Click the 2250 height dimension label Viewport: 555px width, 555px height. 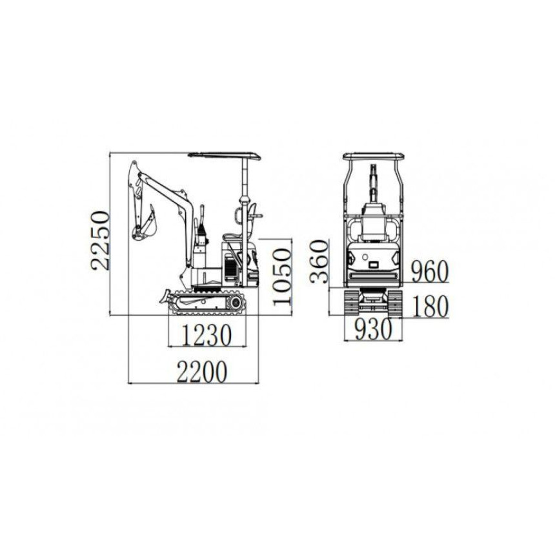click(100, 241)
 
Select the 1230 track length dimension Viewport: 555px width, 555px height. click(207, 334)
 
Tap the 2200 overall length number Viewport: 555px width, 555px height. click(201, 372)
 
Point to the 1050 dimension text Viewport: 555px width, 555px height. click(282, 276)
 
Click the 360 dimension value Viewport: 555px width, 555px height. click(319, 262)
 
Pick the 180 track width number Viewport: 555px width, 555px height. click(430, 307)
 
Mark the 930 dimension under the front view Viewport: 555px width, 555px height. click(374, 329)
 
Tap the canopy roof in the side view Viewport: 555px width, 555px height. click(225, 156)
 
